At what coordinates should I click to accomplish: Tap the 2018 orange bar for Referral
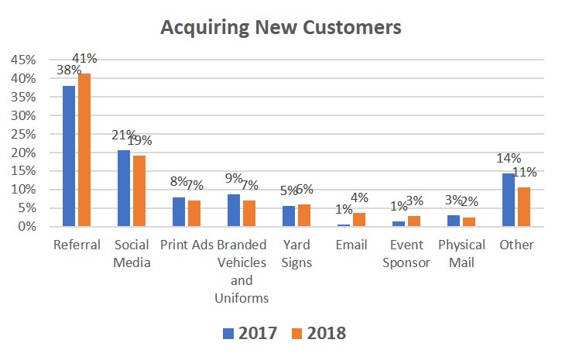tap(84, 150)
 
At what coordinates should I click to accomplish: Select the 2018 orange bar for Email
tap(358, 220)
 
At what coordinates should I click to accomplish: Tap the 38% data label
tap(66, 69)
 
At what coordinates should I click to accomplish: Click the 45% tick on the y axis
tap(22, 60)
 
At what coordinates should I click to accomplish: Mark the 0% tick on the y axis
tap(26, 227)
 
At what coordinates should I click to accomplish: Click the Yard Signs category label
tap(296, 253)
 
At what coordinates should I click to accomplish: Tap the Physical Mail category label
tap(461, 253)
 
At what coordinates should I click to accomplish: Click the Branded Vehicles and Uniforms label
tap(242, 270)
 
